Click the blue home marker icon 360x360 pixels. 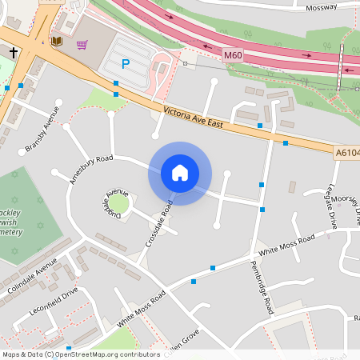pos(180,173)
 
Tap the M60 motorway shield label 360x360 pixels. pos(233,55)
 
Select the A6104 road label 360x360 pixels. pos(346,151)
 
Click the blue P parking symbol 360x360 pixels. pos(125,63)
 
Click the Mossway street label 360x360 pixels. pos(321,7)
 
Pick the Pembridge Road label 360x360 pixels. pos(262,285)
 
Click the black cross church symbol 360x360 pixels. pos(13,52)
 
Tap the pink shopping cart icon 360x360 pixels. pos(82,45)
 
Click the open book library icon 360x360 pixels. pos(56,40)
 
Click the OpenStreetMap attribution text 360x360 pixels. pos(80,354)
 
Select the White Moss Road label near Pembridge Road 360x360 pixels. pos(291,241)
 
